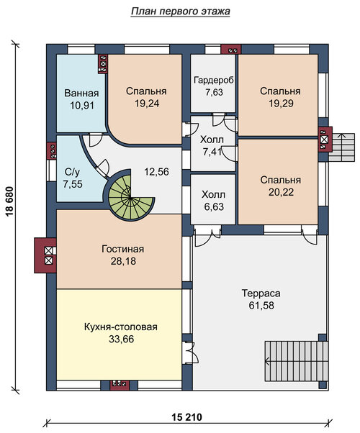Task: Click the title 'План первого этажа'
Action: pos(180,12)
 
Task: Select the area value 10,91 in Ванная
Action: pos(81,105)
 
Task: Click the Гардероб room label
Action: pos(214,80)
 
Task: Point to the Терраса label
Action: pos(261,293)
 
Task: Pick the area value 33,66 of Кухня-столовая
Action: pos(122,339)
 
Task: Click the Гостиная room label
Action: pos(123,249)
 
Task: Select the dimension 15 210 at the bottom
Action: pos(187,417)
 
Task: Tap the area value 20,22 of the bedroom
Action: pos(281,192)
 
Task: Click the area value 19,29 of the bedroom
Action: pos(281,104)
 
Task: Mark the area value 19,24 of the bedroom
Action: pos(147,104)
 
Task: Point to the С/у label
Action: pos(72,173)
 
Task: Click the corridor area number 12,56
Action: pos(156,172)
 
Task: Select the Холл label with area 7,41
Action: pos(212,140)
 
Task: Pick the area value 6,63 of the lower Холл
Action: pos(214,207)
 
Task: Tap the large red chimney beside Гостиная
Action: pos(45,255)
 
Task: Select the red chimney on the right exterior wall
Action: pos(325,140)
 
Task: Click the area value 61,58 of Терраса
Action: pos(261,306)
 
